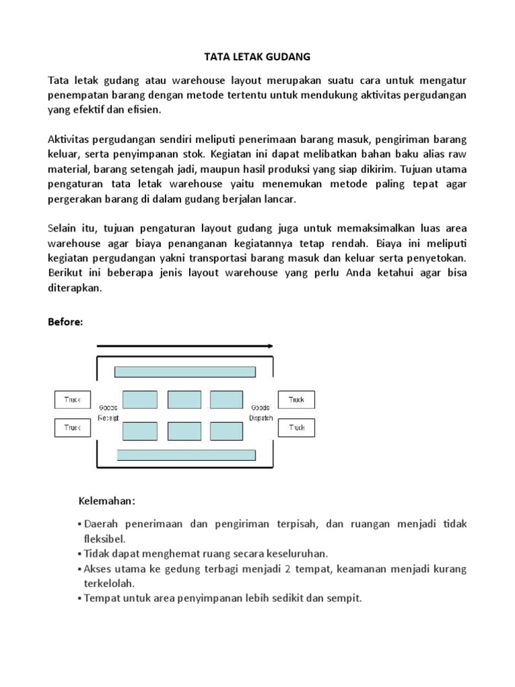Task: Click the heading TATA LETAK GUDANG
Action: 257,58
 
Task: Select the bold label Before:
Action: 65,322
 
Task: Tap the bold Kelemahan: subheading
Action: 107,501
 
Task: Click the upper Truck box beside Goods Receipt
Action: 72,400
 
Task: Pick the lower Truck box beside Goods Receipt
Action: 72,427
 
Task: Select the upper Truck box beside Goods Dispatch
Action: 296,400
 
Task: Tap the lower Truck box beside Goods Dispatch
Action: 296,427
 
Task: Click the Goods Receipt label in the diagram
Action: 108,413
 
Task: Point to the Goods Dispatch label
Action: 262,413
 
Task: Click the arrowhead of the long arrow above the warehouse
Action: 270,346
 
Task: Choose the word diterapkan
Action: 75,287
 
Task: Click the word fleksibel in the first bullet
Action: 104,538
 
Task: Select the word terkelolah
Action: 109,583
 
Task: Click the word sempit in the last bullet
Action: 343,598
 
